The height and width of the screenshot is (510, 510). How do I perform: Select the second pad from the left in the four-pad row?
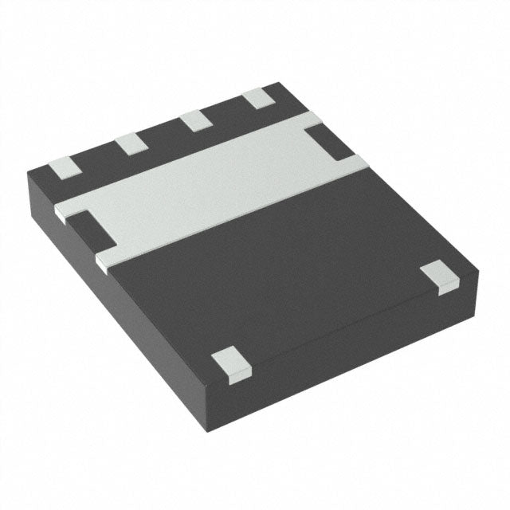click(x=129, y=144)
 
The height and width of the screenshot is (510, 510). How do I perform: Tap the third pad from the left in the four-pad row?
click(x=194, y=121)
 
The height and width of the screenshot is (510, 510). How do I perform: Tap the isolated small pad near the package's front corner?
click(x=229, y=363)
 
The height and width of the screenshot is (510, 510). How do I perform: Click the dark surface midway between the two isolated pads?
click(x=334, y=319)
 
